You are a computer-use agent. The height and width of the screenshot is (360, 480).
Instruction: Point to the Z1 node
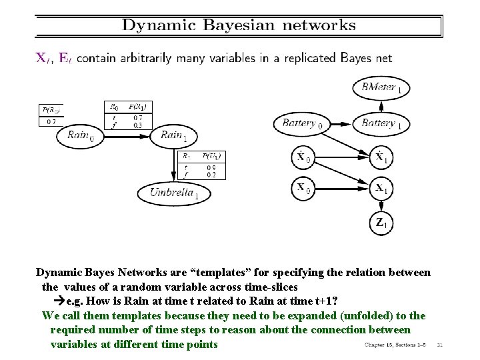[x=380, y=223]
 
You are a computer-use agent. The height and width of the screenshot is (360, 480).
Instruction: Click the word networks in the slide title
[x=319, y=26]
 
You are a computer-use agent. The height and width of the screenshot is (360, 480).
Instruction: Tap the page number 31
[x=439, y=345]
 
